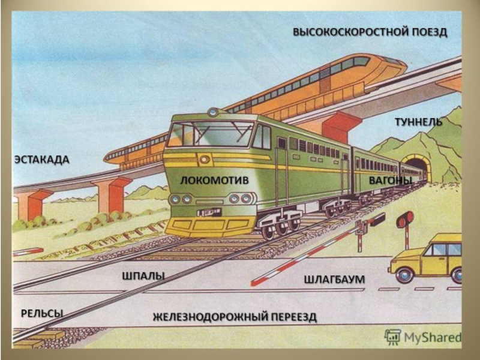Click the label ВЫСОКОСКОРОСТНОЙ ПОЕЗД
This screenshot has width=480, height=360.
370,31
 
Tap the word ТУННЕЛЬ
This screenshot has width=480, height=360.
418,122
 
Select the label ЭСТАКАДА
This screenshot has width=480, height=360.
41,160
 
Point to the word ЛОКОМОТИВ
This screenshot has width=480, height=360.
214,179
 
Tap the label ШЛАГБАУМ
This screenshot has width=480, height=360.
334,280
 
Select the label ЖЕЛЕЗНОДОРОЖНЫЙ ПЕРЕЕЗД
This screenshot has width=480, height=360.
234,316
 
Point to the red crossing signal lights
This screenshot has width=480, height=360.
405,220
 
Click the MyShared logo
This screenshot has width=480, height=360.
423,337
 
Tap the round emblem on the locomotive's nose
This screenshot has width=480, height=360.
205,160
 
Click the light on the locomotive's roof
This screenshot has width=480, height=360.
213,112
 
